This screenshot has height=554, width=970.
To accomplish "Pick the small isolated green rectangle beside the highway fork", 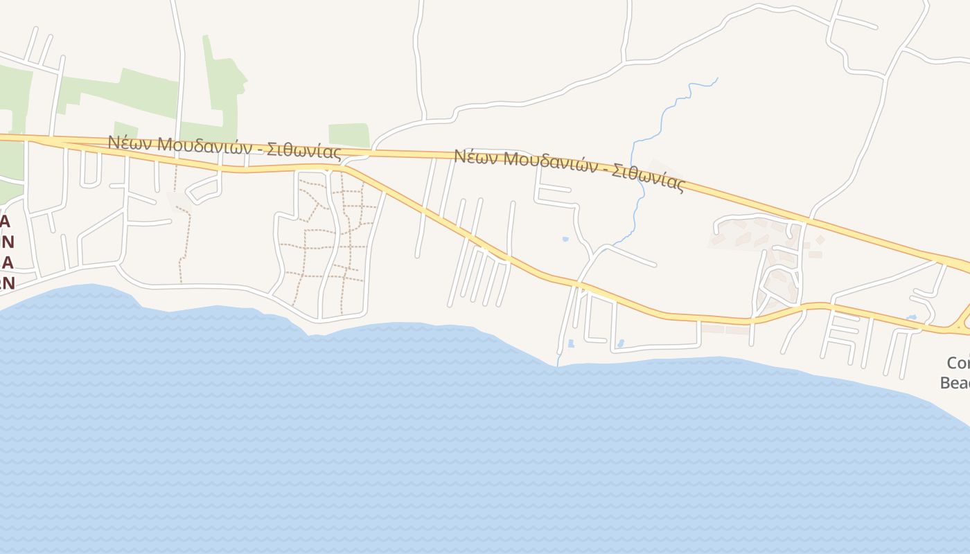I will (x=349, y=135).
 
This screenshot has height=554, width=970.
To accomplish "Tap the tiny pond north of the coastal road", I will (x=565, y=240).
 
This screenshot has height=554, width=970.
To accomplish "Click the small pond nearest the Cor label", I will (x=912, y=318).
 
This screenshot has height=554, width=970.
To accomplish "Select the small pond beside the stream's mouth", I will (x=571, y=343).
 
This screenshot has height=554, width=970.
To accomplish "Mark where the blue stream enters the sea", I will (x=558, y=366).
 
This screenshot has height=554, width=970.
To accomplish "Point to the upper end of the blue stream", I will (x=717, y=78).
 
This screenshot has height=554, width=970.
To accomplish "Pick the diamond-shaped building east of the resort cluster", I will (x=820, y=240).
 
